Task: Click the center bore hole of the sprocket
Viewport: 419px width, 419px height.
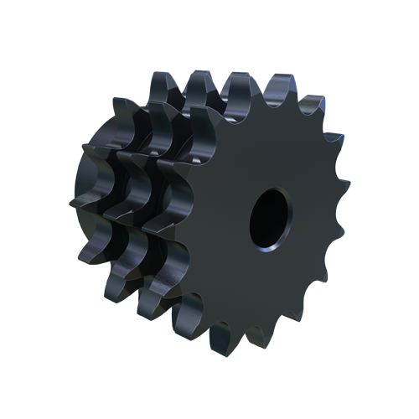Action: coord(269,220)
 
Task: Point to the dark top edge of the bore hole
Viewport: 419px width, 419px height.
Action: coord(272,192)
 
